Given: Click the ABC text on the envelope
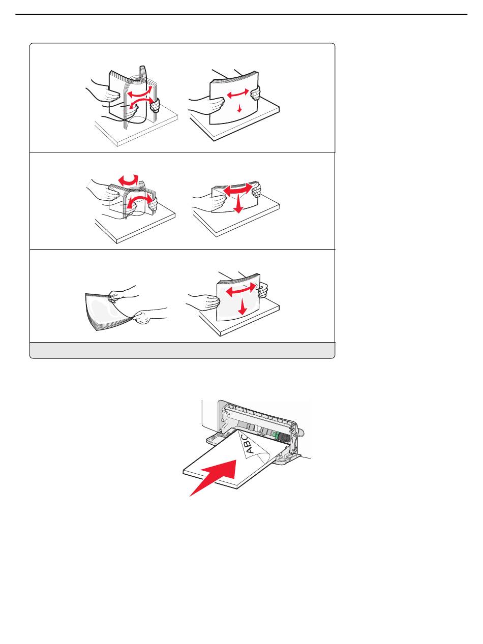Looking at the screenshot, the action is tap(248, 445).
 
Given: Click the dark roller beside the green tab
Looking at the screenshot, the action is tap(283, 437).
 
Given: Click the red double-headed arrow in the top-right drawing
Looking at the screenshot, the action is tap(238, 94).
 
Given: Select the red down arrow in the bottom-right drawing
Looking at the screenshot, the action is tap(242, 307).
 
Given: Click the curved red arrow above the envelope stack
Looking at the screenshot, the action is tap(128, 180).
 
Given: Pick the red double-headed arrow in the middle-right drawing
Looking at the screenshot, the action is tap(238, 188).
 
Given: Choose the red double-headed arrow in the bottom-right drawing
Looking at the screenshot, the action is tap(240, 290).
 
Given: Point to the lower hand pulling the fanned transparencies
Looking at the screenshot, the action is tap(149, 316).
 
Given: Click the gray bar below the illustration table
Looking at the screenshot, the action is tap(182, 350).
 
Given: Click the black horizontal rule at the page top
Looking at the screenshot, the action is tap(241, 14).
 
